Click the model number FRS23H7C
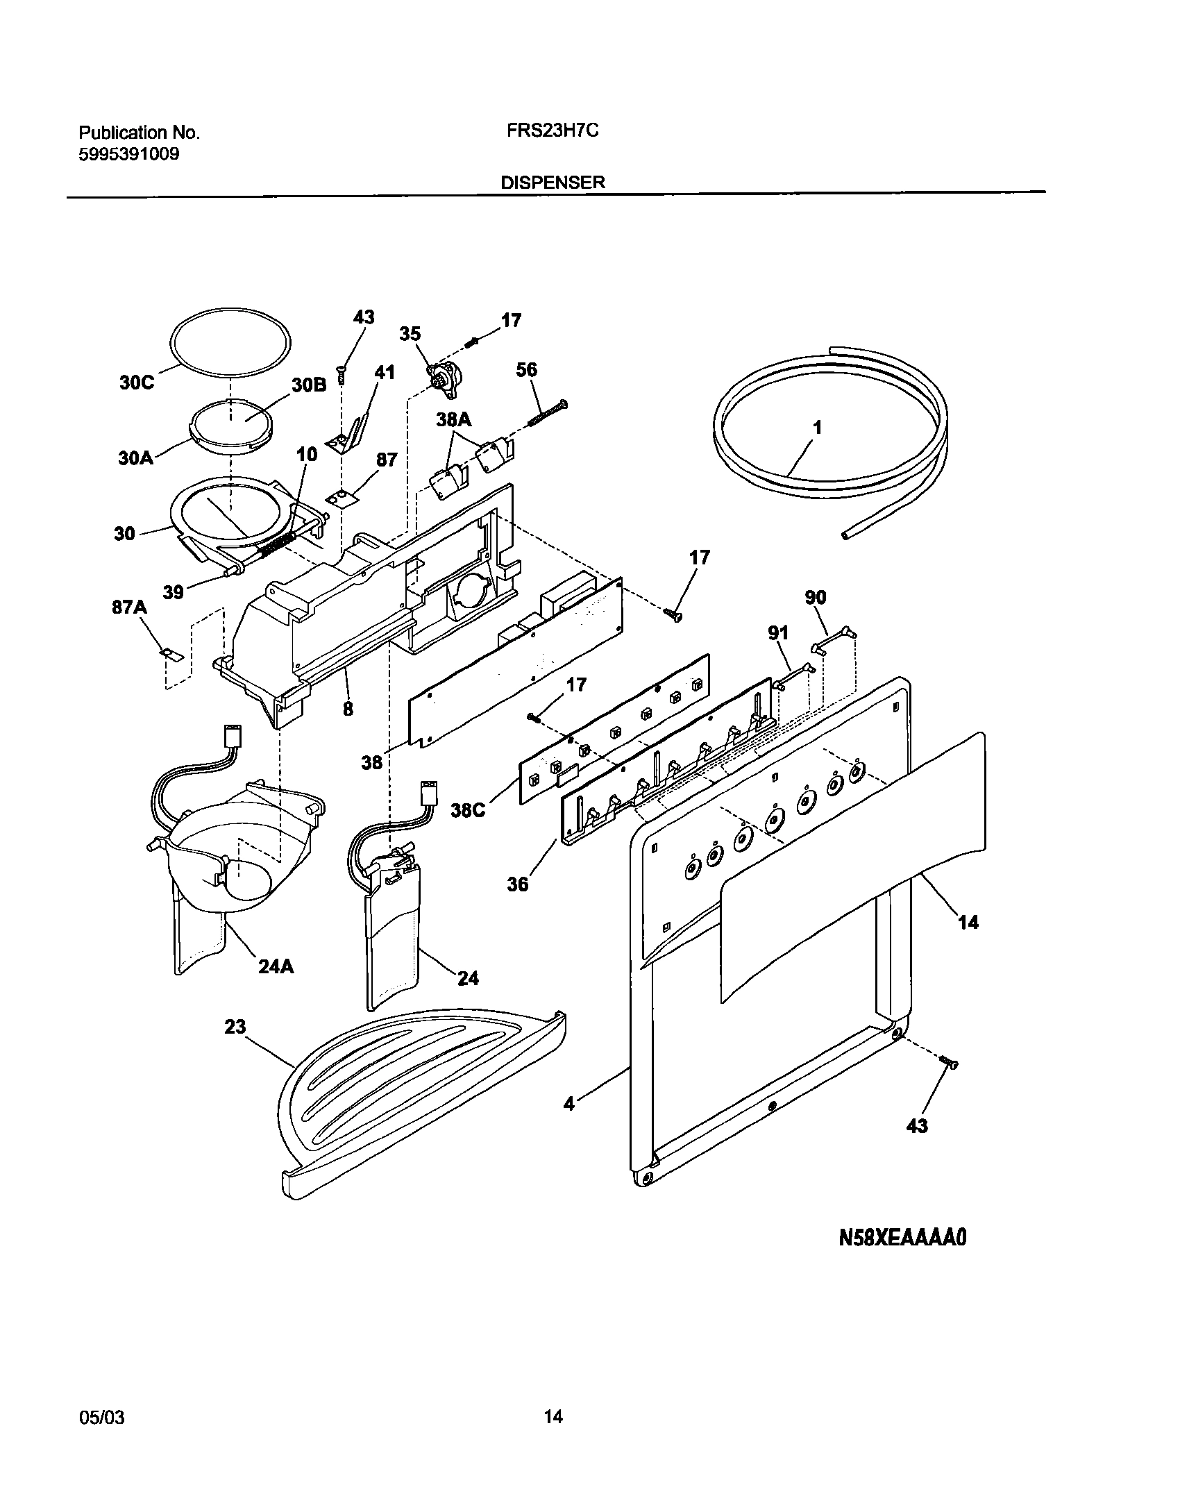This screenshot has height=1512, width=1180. pyautogui.click(x=548, y=131)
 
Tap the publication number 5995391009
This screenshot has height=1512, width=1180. pyautogui.click(x=128, y=154)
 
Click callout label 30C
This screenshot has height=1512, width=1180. pyautogui.click(x=136, y=383)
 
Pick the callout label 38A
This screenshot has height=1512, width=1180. pyautogui.click(x=453, y=419)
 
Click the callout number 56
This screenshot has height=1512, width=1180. pyautogui.click(x=526, y=369)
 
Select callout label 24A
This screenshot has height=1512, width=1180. pyautogui.click(x=276, y=966)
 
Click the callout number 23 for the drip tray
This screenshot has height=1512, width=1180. pyautogui.click(x=235, y=1026)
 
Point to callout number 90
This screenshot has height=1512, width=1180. pyautogui.click(x=816, y=597)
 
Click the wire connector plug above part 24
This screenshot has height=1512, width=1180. pyautogui.click(x=428, y=791)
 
